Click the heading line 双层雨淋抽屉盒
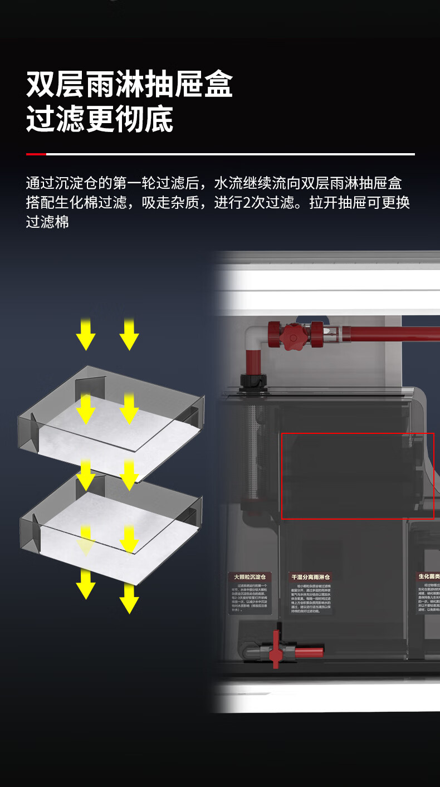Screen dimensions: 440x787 click(129, 85)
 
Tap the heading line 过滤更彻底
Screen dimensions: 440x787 click(100, 119)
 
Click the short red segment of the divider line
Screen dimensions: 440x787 click(36, 154)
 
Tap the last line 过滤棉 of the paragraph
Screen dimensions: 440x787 click(47, 222)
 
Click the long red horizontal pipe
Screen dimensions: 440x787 click(390, 333)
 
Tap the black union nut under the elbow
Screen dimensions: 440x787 click(253, 382)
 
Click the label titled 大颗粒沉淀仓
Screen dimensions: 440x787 click(250, 578)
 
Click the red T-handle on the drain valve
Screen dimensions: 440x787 click(276, 649)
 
